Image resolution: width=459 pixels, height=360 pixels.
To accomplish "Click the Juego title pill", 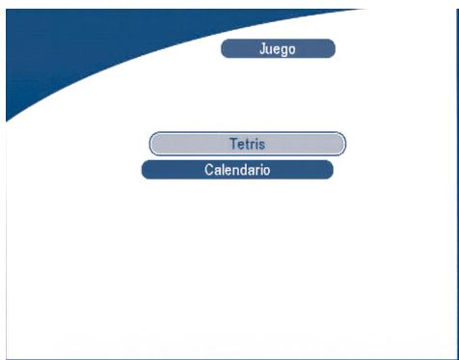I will pyautogui.click(x=278, y=48).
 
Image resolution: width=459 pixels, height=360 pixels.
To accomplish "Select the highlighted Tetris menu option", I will pyautogui.click(x=247, y=144).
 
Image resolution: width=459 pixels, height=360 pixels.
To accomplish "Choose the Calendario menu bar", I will pyautogui.click(x=237, y=170).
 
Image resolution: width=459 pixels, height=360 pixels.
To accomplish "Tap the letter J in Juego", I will pyautogui.click(x=262, y=48).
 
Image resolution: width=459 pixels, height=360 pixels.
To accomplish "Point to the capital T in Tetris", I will pyautogui.click(x=232, y=144).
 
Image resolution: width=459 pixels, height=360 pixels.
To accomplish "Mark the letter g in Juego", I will pyautogui.click(x=284, y=50).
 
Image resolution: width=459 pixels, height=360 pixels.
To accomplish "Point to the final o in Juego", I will pyautogui.click(x=292, y=49).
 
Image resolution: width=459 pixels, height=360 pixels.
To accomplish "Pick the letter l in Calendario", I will pyautogui.click(x=223, y=170).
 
